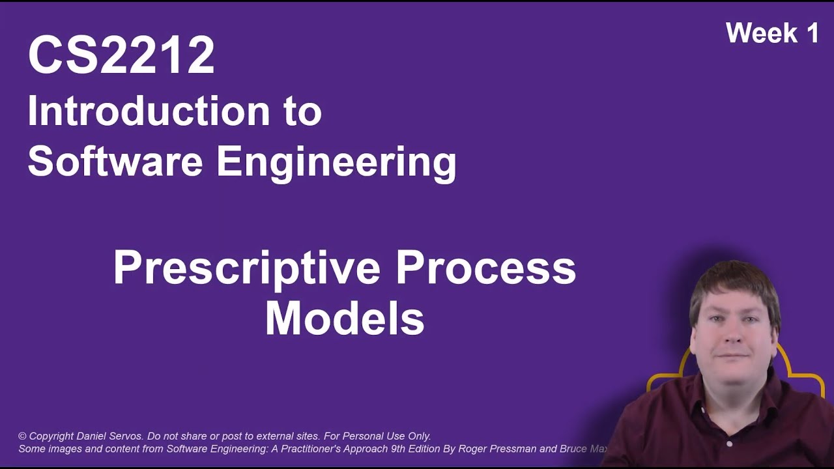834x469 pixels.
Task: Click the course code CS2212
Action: [121, 56]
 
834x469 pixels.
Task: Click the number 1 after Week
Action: [811, 33]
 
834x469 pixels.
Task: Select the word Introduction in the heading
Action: [149, 111]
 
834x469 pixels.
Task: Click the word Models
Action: [345, 319]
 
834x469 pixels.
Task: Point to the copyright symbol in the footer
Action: [22, 436]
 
